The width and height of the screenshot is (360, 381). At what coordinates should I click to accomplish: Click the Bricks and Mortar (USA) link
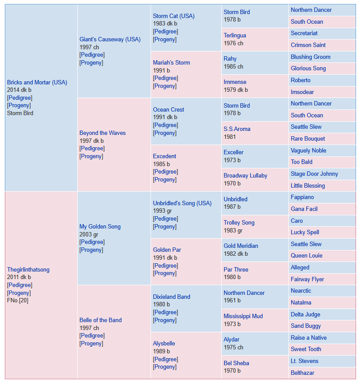(37, 82)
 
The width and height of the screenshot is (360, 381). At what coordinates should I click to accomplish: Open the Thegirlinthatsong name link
(28, 270)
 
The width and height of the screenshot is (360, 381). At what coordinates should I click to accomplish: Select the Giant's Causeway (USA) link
(110, 40)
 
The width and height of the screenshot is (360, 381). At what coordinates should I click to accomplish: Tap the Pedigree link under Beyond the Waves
(92, 149)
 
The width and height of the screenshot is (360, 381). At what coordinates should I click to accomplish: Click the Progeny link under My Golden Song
(91, 250)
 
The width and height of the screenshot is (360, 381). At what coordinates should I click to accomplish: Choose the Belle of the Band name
(101, 320)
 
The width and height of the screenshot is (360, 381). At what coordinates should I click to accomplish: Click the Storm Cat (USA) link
(173, 16)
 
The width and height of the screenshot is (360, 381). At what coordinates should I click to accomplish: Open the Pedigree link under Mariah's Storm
(166, 78)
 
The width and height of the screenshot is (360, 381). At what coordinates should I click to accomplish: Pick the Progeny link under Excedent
(165, 180)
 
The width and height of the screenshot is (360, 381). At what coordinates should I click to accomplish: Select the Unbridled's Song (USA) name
(182, 203)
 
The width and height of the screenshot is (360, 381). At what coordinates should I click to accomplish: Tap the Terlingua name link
(235, 36)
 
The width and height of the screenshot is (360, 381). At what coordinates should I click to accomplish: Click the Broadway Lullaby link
(245, 176)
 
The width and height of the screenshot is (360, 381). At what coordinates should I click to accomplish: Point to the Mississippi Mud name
(243, 316)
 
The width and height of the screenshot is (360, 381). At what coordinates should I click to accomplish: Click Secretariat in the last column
(304, 33)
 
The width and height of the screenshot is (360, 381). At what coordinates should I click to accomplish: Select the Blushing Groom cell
(322, 57)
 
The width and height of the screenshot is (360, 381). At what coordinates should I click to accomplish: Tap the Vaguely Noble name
(309, 151)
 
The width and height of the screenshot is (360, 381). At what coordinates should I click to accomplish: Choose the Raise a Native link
(309, 338)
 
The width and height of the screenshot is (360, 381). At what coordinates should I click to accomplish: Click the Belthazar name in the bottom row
(302, 373)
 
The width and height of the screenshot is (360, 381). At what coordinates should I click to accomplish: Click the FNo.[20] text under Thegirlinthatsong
(18, 301)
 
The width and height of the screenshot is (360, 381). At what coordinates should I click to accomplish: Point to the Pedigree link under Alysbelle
(166, 359)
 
